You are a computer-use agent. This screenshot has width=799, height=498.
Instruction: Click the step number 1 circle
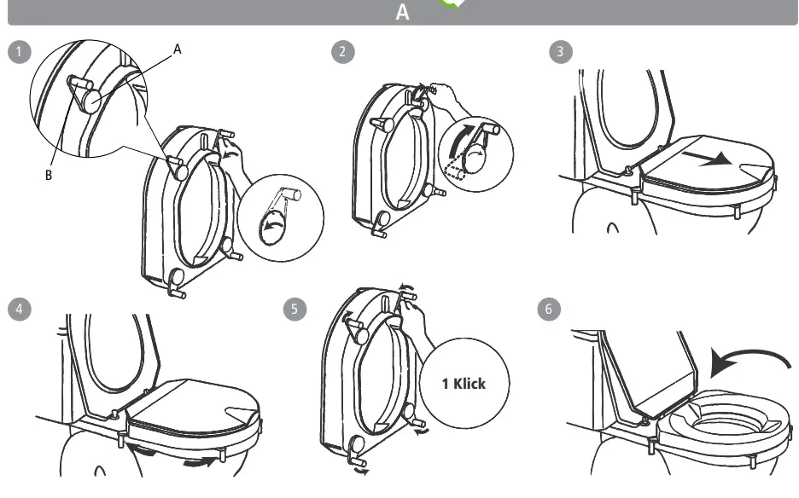18,51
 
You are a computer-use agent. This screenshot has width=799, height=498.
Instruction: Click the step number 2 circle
342,51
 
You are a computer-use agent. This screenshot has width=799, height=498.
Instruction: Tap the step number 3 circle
559,51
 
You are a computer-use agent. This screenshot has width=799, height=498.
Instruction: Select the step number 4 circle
18,308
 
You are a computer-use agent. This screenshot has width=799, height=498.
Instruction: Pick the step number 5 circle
295,309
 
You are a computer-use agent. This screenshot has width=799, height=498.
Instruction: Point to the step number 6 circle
549,309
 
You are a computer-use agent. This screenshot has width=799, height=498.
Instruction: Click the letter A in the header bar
402,13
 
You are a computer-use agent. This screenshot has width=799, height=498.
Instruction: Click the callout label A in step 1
178,49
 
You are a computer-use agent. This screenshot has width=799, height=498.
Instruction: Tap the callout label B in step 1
48,175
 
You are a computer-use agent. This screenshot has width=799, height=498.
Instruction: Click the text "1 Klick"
464,383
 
